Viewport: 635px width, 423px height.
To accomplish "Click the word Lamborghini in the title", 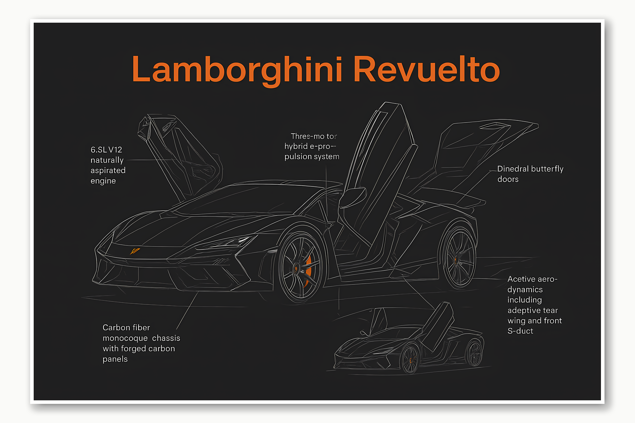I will point(237,69).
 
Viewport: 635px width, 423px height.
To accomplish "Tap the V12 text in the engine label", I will point(115,150).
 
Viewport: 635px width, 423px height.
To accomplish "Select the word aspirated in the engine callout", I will point(108,170).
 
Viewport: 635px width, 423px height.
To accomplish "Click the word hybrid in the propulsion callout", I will point(296,146).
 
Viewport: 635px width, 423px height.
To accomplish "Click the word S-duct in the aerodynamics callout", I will point(520,331).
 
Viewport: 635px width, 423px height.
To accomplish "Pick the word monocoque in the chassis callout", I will point(125,338).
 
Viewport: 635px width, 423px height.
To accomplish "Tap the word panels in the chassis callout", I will point(115,359).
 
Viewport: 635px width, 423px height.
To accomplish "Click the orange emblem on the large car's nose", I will point(135,251).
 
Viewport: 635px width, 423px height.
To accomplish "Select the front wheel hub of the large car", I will point(296,268).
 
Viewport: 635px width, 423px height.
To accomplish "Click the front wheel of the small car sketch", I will point(410,360).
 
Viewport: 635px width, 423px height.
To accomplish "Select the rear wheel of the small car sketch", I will point(474,353).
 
